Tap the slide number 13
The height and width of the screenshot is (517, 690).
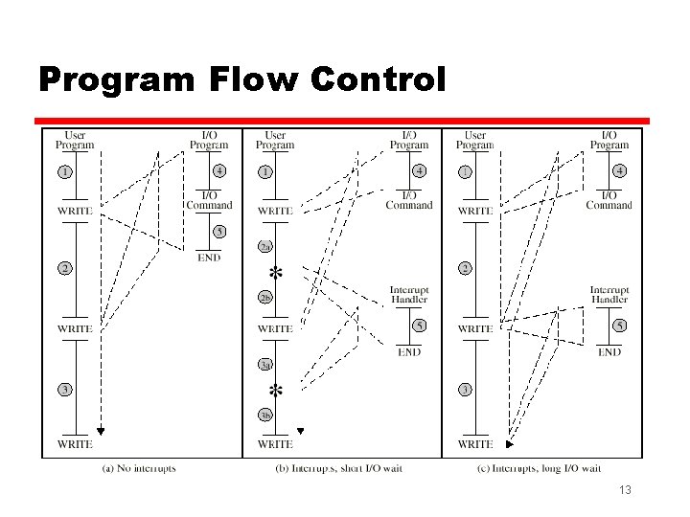click(626, 490)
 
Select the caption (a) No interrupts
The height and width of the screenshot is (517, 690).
click(139, 468)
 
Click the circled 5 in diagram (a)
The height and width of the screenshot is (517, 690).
click(219, 232)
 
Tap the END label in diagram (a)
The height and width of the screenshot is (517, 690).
click(209, 257)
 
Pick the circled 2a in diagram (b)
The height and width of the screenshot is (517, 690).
click(265, 247)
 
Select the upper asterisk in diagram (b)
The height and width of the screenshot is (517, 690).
click(276, 272)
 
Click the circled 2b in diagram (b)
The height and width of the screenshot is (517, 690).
click(265, 297)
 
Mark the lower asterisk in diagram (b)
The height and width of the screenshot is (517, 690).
click(276, 391)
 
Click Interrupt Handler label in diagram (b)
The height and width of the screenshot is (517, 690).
click(409, 295)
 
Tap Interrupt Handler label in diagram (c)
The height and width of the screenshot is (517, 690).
click(609, 295)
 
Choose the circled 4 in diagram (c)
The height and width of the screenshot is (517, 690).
click(620, 171)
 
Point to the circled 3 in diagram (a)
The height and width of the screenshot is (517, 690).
click(64, 390)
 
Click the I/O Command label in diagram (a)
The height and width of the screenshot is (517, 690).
click(209, 199)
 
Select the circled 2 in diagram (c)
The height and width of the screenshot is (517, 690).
click(465, 268)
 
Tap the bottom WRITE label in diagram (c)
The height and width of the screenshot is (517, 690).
click(476, 444)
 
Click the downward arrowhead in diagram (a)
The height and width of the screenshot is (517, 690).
click(100, 431)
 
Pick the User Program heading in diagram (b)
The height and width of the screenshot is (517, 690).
click(275, 140)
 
